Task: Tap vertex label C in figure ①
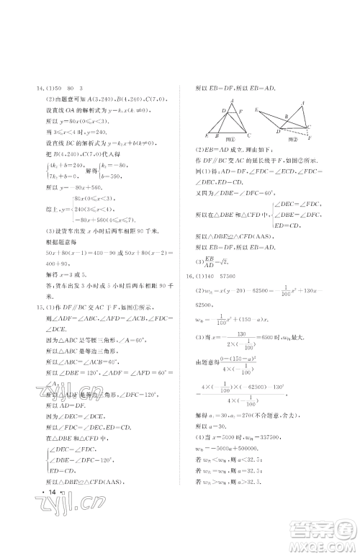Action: coord(248,135)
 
